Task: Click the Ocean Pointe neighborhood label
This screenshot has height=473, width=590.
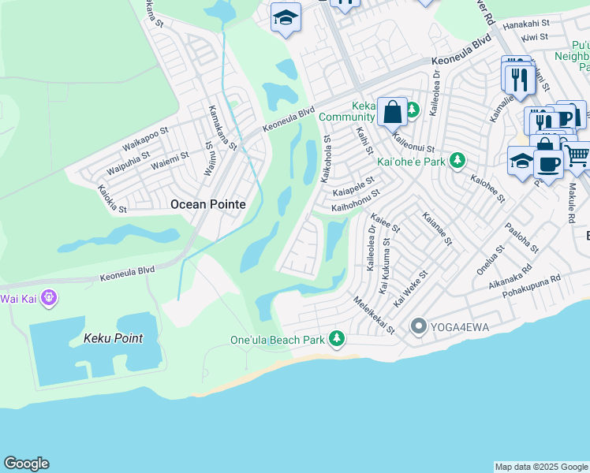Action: (x=208, y=204)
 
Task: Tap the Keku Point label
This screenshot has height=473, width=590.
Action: (x=114, y=338)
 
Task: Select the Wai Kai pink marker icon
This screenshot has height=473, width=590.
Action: (x=49, y=298)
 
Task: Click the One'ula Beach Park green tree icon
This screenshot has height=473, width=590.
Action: (x=337, y=339)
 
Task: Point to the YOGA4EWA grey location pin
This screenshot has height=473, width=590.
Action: (x=419, y=326)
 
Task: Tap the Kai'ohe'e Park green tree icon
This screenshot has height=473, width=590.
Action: (x=457, y=162)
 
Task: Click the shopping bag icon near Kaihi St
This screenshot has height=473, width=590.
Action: (x=392, y=113)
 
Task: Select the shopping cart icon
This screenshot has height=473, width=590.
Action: (x=577, y=155)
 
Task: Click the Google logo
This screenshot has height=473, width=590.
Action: (x=26, y=464)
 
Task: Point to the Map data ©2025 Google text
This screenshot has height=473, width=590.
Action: (x=541, y=467)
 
